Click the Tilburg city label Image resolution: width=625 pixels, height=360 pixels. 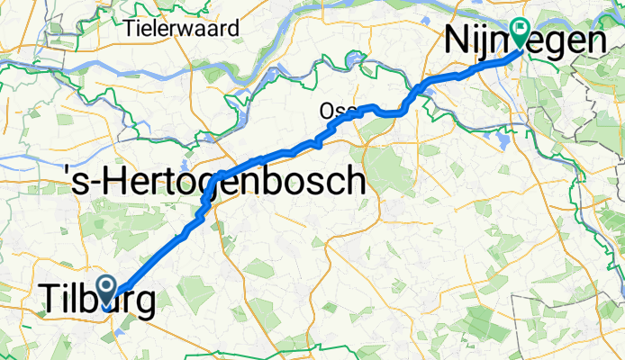[95, 301]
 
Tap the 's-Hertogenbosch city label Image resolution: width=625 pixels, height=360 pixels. [214, 183]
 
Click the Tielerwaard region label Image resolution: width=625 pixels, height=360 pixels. [184, 28]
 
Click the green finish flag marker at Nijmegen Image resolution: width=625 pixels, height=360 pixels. [520, 33]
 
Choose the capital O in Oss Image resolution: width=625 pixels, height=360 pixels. [325, 111]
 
